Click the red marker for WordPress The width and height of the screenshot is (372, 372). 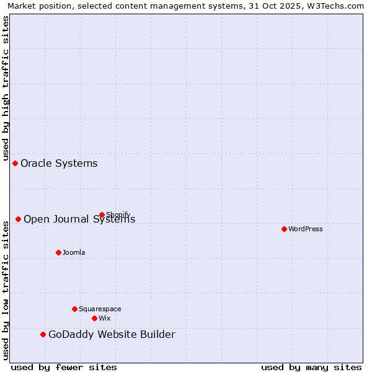pos(284,229)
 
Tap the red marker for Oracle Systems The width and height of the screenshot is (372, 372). pos(15,163)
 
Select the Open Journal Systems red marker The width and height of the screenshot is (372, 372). pos(19,219)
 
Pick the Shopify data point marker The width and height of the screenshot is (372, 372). pos(102,215)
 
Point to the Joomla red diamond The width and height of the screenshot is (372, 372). pos(58,252)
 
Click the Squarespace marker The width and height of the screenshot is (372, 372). pos(74,309)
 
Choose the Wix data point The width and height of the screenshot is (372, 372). pos(94,318)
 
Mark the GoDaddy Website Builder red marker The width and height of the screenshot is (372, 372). pos(43,334)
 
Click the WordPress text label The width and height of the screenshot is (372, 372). pos(306,229)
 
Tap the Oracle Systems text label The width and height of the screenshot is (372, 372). pos(59,163)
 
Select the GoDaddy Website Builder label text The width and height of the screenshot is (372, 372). pos(112,335)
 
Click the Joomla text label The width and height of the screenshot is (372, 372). pos(74,252)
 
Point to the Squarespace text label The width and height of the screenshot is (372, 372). pos(100,309)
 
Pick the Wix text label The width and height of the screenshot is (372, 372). pos(104,318)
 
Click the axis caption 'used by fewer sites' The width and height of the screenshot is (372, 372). pos(64,367)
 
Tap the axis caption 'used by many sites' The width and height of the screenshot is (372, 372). pos(311,367)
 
